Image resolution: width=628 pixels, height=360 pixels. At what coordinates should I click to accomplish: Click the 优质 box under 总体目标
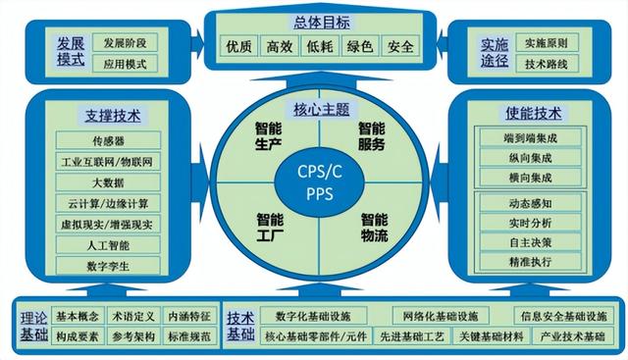point(238,46)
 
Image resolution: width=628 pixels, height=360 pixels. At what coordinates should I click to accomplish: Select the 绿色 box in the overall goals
point(359,46)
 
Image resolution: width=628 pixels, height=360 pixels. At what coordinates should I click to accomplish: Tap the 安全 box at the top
point(399,46)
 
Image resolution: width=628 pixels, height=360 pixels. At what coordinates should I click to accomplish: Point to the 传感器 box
point(107,139)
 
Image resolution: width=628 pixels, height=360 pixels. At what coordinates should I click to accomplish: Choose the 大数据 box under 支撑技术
point(107,181)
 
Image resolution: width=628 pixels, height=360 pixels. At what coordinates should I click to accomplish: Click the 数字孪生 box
point(107,265)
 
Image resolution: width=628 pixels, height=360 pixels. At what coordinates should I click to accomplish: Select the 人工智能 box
point(107,244)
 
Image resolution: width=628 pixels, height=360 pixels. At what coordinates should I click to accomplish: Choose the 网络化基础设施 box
point(439,316)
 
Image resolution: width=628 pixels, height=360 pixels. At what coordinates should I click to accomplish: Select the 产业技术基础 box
point(572,336)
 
